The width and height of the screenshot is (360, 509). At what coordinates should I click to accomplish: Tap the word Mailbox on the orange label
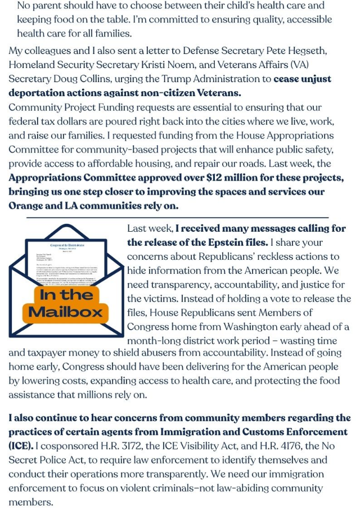(65, 312)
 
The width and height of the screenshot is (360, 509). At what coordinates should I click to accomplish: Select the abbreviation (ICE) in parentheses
(20, 446)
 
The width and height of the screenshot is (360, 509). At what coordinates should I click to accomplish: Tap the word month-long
(156, 341)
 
